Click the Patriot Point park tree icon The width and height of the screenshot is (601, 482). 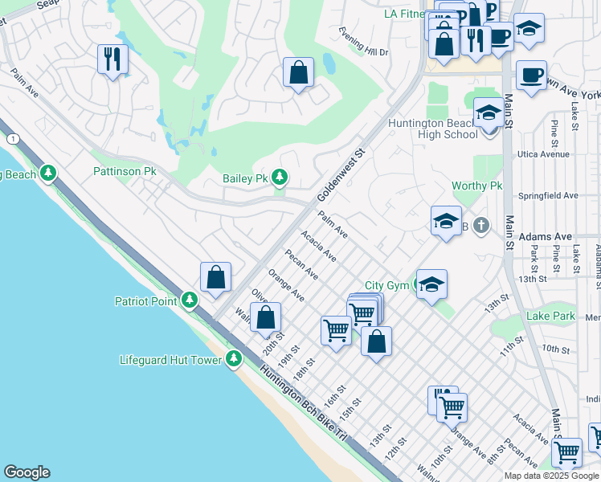tap(190, 300)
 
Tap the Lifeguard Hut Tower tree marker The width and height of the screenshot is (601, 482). tap(234, 358)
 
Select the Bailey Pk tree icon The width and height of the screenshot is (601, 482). tap(280, 177)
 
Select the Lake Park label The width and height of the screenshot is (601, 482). tap(550, 317)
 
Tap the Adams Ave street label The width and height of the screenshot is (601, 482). tap(545, 237)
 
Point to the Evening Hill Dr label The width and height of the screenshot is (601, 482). tap(363, 51)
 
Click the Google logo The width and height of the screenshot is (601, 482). tap(27, 472)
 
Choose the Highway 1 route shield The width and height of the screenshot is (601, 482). tap(12, 139)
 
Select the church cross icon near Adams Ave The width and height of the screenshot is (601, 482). tap(480, 225)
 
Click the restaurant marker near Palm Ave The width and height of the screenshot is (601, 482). tap(112, 59)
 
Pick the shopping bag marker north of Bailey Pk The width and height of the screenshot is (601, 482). tap(298, 72)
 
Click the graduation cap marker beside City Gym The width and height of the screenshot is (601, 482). tap(431, 284)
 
